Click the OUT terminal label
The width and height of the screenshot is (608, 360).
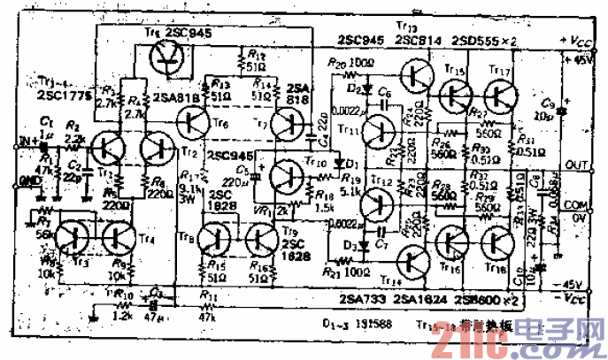577,165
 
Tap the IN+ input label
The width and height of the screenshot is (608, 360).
28,140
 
